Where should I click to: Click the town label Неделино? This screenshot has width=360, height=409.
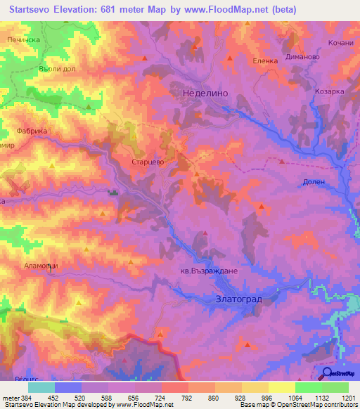point(203,91)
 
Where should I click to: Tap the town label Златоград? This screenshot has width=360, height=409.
point(238,299)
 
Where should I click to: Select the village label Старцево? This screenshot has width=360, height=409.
point(148,161)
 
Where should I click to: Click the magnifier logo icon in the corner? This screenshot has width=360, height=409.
point(327,373)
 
